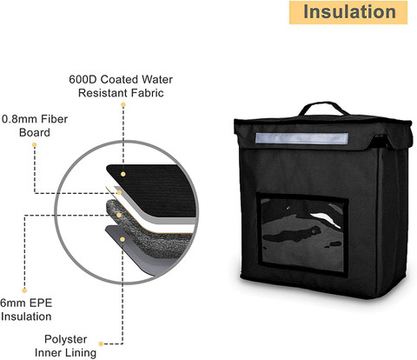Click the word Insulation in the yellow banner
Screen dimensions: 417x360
pyautogui.click(x=349, y=12)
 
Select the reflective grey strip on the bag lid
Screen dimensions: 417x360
pyautogui.click(x=301, y=138)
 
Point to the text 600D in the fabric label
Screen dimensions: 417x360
pyautogui.click(x=83, y=79)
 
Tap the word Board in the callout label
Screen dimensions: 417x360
pyautogui.click(x=35, y=132)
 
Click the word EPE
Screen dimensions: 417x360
pyautogui.click(x=41, y=303)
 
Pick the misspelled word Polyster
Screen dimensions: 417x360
pyautogui.click(x=65, y=339)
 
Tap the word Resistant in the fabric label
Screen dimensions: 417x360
pyautogui.click(x=103, y=93)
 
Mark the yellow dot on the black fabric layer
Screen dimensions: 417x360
pyautogui.click(x=123, y=174)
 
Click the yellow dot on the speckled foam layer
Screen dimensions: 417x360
pyautogui.click(x=119, y=215)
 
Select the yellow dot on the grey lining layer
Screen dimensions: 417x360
pyautogui.click(x=122, y=239)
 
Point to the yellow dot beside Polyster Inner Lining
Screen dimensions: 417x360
pyautogui.click(x=101, y=343)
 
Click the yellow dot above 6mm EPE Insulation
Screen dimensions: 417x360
pyautogui.click(x=24, y=290)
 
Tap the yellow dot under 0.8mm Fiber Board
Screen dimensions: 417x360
pyautogui.click(x=35, y=144)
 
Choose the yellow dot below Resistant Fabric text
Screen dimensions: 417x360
pyautogui.click(x=123, y=104)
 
